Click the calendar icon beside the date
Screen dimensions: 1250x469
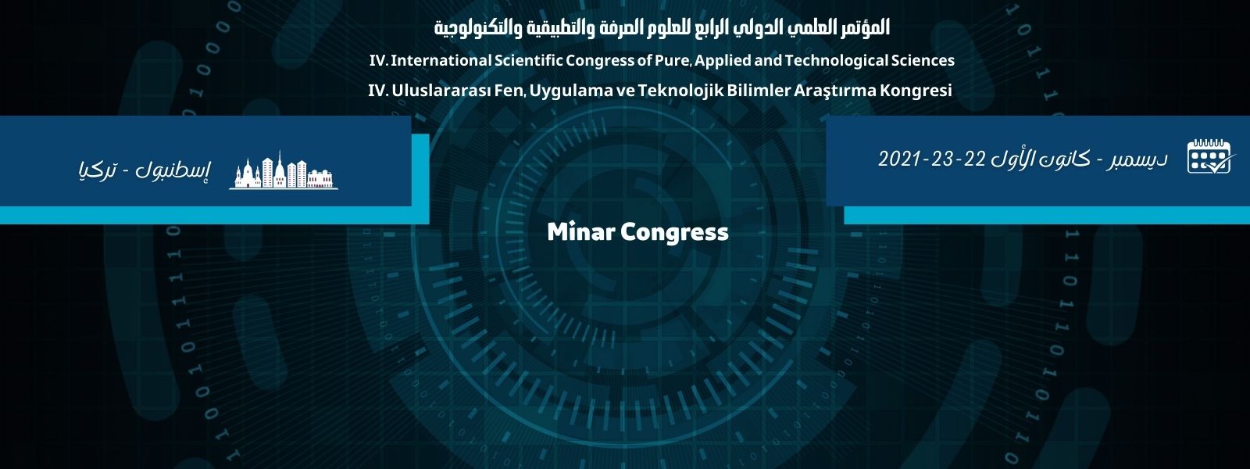tap(1209, 156)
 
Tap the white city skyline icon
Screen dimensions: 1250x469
tap(284, 170)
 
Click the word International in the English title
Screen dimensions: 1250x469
tap(441, 60)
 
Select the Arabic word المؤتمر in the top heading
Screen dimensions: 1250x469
tap(862, 27)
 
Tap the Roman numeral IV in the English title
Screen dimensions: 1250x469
tap(378, 60)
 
